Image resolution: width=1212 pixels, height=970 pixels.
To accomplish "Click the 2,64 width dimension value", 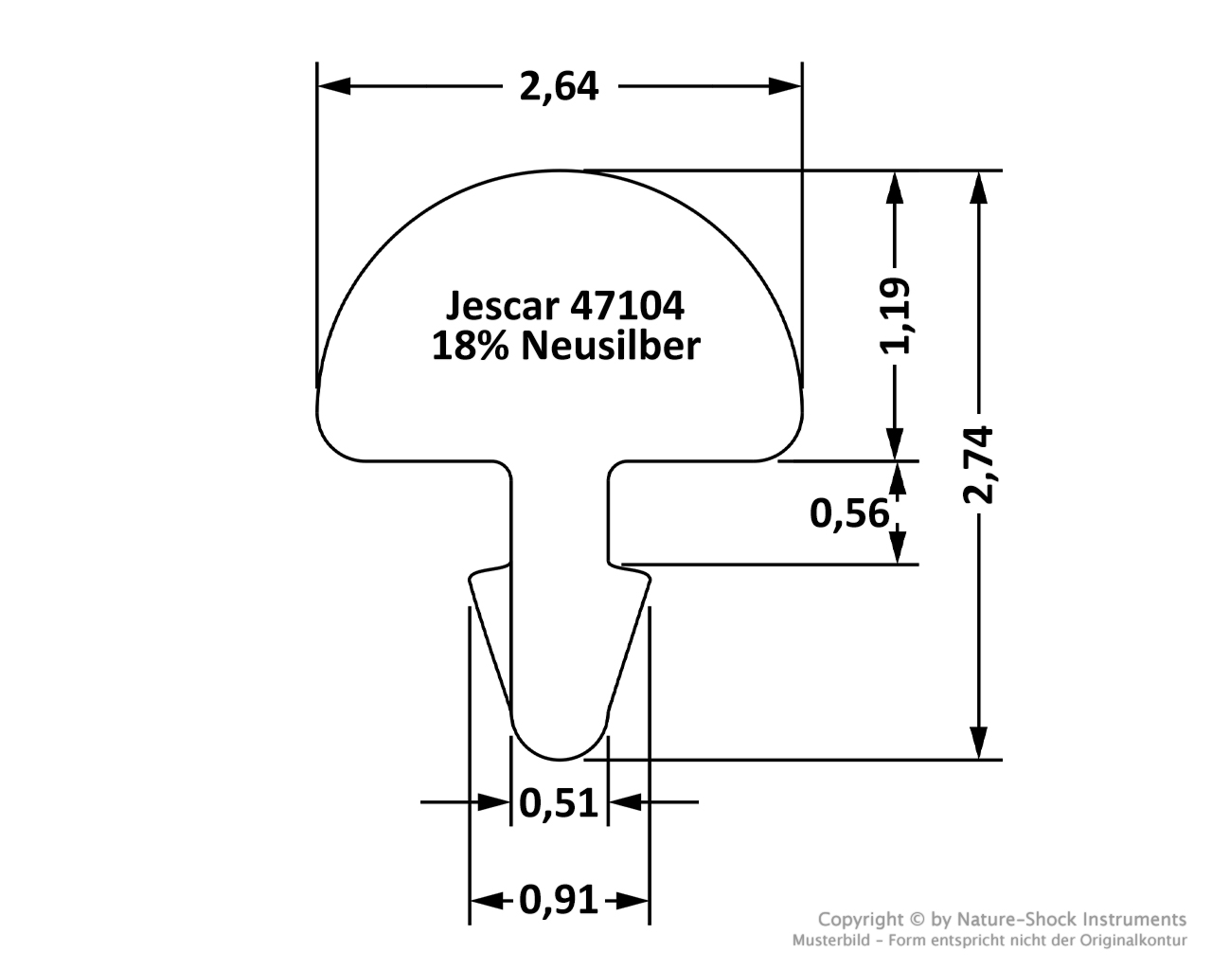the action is (559, 87).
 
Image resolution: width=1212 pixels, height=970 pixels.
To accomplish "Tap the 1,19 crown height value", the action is (895, 316).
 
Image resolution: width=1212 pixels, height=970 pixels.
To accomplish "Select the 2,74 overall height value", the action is (978, 465).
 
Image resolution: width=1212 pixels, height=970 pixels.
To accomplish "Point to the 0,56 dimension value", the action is (849, 513).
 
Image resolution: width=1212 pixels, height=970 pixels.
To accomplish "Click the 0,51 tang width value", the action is (558, 802).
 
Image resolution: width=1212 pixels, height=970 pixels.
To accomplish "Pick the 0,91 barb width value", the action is (558, 900).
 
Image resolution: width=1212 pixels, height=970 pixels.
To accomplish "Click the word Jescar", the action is (503, 305).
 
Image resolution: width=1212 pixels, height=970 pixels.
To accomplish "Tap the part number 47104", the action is (628, 305).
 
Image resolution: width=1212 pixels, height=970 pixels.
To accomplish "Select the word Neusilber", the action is (611, 346).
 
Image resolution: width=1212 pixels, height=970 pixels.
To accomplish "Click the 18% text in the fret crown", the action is (471, 346).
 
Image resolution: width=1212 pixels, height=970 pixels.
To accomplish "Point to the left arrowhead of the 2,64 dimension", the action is (334, 86).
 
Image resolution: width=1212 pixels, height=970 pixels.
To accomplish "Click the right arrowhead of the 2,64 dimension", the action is (786, 86).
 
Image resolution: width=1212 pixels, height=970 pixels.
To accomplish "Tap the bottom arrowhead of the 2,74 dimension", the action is (979, 743).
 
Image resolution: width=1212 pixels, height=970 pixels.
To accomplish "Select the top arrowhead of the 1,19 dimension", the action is (895, 188).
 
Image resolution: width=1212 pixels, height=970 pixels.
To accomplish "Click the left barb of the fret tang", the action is (490, 637).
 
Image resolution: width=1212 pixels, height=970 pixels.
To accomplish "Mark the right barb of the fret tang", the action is (629, 637).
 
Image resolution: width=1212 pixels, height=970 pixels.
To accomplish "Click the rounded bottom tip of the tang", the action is (560, 759).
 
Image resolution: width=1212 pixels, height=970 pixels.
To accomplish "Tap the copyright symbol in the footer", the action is (917, 920).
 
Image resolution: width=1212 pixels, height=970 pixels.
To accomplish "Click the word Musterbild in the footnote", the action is (830, 940).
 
